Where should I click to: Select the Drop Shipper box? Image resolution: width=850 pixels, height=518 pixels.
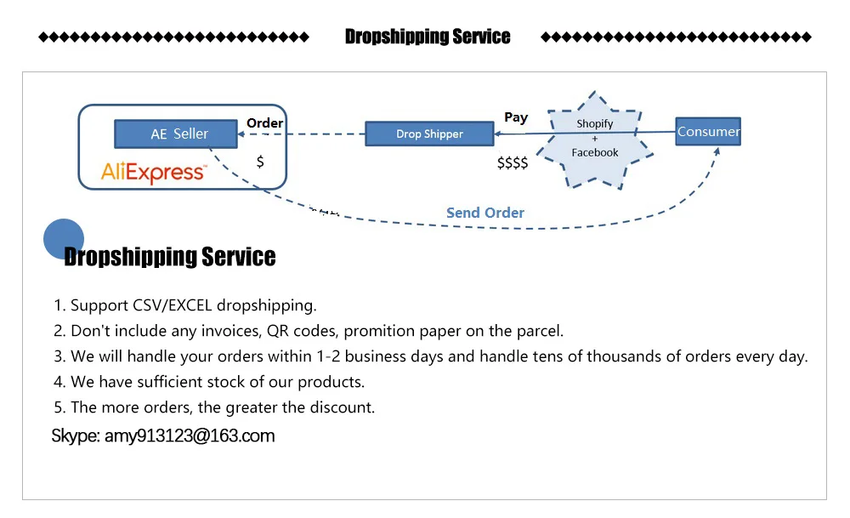(x=429, y=134)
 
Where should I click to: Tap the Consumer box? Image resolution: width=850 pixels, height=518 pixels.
(x=708, y=131)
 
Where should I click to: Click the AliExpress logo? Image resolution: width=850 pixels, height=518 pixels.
(x=153, y=173)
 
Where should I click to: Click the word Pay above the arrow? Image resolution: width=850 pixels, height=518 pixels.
(x=516, y=117)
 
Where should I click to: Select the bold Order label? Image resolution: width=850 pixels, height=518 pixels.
(x=264, y=123)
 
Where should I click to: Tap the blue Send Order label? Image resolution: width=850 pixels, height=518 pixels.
(x=485, y=213)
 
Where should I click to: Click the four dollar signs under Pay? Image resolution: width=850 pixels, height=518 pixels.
(x=513, y=162)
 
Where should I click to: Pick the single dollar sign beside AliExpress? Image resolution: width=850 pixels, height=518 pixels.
(x=260, y=161)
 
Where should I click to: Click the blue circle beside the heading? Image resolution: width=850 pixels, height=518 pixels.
(x=64, y=238)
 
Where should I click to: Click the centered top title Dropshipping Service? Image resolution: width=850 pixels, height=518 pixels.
(x=428, y=37)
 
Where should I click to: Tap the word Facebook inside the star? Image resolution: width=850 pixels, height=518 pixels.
(x=595, y=153)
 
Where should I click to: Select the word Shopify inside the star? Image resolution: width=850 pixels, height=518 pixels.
(x=595, y=124)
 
